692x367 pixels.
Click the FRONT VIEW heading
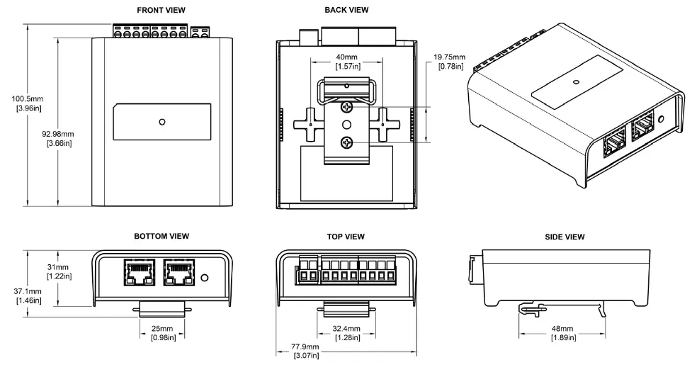(162, 10)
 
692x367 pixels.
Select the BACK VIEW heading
(346, 10)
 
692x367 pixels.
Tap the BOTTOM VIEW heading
(161, 236)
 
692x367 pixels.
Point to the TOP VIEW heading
(346, 236)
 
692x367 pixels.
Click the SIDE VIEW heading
(565, 236)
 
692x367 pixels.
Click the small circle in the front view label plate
(162, 122)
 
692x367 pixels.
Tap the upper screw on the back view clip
(346, 107)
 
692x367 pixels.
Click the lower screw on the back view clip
(346, 142)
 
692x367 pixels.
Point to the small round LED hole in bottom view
(205, 277)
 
